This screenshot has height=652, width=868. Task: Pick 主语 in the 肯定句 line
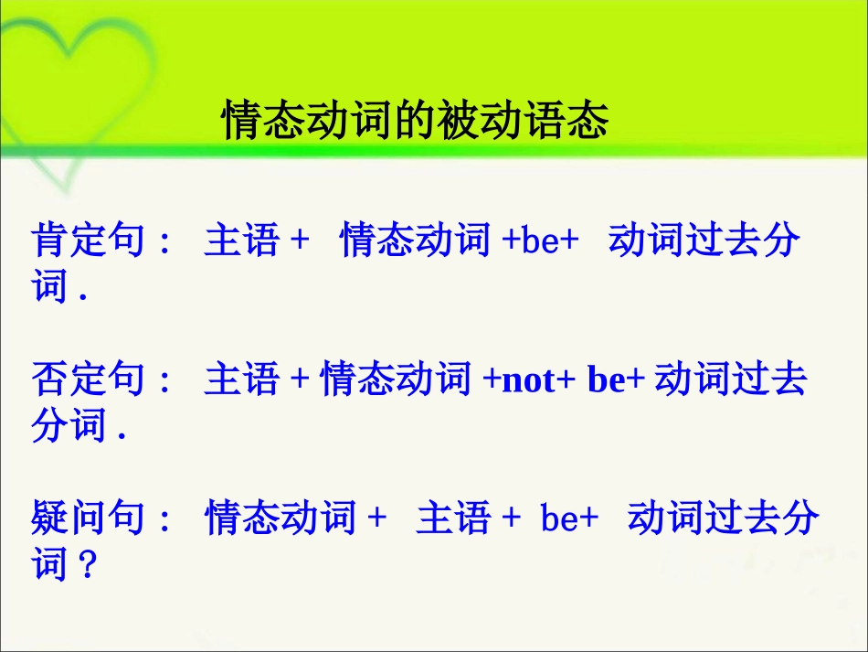point(241,241)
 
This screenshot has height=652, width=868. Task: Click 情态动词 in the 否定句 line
point(395,379)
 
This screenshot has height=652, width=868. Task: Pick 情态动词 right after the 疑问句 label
point(280,518)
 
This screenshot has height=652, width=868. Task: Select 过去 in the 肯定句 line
point(722,241)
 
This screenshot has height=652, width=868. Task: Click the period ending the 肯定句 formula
point(83,295)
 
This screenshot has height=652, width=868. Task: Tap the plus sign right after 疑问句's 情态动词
point(376,519)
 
